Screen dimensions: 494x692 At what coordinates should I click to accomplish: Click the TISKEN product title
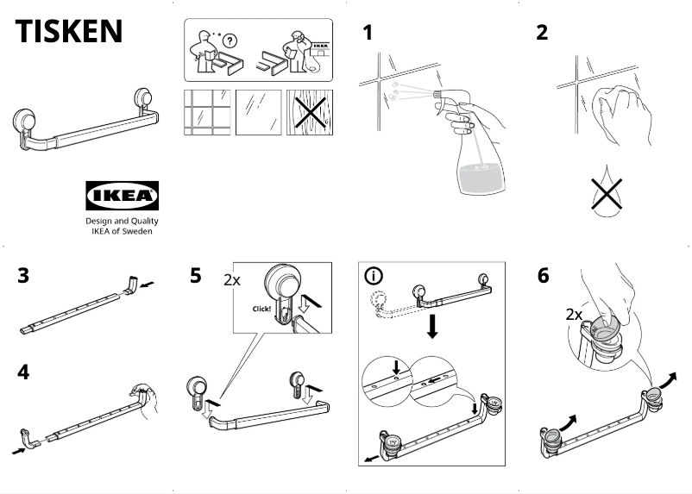click(69, 31)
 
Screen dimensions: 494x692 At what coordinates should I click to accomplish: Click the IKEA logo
click(122, 196)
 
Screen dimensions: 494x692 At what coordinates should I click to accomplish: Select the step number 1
click(368, 34)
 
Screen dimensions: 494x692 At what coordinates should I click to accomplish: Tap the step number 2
click(542, 34)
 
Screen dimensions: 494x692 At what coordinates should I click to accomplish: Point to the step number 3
click(24, 277)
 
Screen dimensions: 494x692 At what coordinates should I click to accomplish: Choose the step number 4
click(24, 374)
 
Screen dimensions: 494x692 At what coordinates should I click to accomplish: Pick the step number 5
click(196, 277)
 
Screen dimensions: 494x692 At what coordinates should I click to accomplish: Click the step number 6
click(543, 277)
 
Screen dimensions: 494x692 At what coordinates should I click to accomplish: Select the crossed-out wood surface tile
click(309, 112)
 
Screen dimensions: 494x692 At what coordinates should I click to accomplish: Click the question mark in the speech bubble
click(230, 41)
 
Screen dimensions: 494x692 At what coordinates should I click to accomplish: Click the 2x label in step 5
click(232, 280)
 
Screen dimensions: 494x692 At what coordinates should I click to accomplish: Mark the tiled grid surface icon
click(205, 112)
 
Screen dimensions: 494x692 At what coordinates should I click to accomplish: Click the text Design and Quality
click(122, 221)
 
